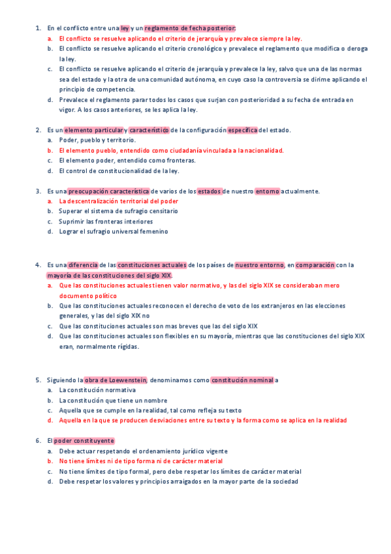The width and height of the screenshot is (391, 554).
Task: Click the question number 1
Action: tap(37, 28)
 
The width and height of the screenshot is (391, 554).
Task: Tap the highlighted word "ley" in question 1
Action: tap(125, 28)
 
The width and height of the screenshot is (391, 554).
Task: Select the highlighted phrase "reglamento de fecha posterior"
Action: tap(189, 28)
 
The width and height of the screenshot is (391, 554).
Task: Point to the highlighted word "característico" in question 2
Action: tap(149, 130)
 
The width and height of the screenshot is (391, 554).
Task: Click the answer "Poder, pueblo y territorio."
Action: tap(97, 140)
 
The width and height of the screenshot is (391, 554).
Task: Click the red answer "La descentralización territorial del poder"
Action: tap(118, 201)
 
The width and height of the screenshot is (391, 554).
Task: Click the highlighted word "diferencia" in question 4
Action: tap(83, 265)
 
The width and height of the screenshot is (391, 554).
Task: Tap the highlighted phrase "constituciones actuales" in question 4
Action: tap(151, 265)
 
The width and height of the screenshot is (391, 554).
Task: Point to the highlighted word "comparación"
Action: tap(315, 265)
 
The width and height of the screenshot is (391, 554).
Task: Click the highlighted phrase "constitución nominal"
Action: tap(242, 380)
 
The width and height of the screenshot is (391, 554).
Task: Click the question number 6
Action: tap(37, 441)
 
